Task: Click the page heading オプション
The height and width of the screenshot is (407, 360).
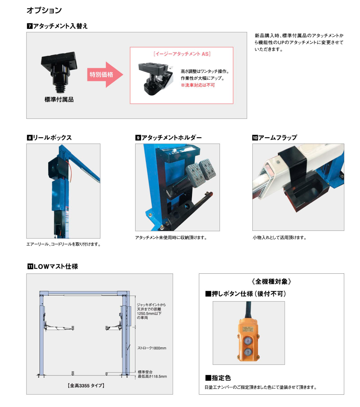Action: point(44,10)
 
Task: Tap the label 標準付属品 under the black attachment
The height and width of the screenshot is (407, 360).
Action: point(59,100)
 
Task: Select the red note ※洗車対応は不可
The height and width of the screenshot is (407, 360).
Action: point(198,85)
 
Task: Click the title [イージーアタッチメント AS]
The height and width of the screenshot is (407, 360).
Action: point(182,54)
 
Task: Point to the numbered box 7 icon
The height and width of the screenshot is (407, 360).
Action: point(29,26)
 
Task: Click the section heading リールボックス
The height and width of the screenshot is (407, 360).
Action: point(52,138)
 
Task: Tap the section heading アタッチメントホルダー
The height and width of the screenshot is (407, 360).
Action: point(172,138)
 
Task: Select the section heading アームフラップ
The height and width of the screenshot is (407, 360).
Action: point(278,138)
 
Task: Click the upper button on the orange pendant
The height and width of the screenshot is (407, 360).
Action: point(248,341)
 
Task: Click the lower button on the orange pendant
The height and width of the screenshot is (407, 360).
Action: point(248,352)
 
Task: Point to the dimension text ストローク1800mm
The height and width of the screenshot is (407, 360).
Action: point(152,348)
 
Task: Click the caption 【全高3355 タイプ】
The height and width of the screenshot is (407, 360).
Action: point(86,386)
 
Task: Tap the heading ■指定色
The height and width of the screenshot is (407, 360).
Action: point(218,378)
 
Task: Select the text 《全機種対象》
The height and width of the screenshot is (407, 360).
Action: point(271,282)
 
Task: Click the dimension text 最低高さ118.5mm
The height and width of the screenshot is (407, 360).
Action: point(152,377)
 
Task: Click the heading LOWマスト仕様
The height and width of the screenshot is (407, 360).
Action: point(56,267)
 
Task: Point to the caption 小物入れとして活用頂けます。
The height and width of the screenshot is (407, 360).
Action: point(280,238)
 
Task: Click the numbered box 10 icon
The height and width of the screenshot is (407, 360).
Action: point(255,138)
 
